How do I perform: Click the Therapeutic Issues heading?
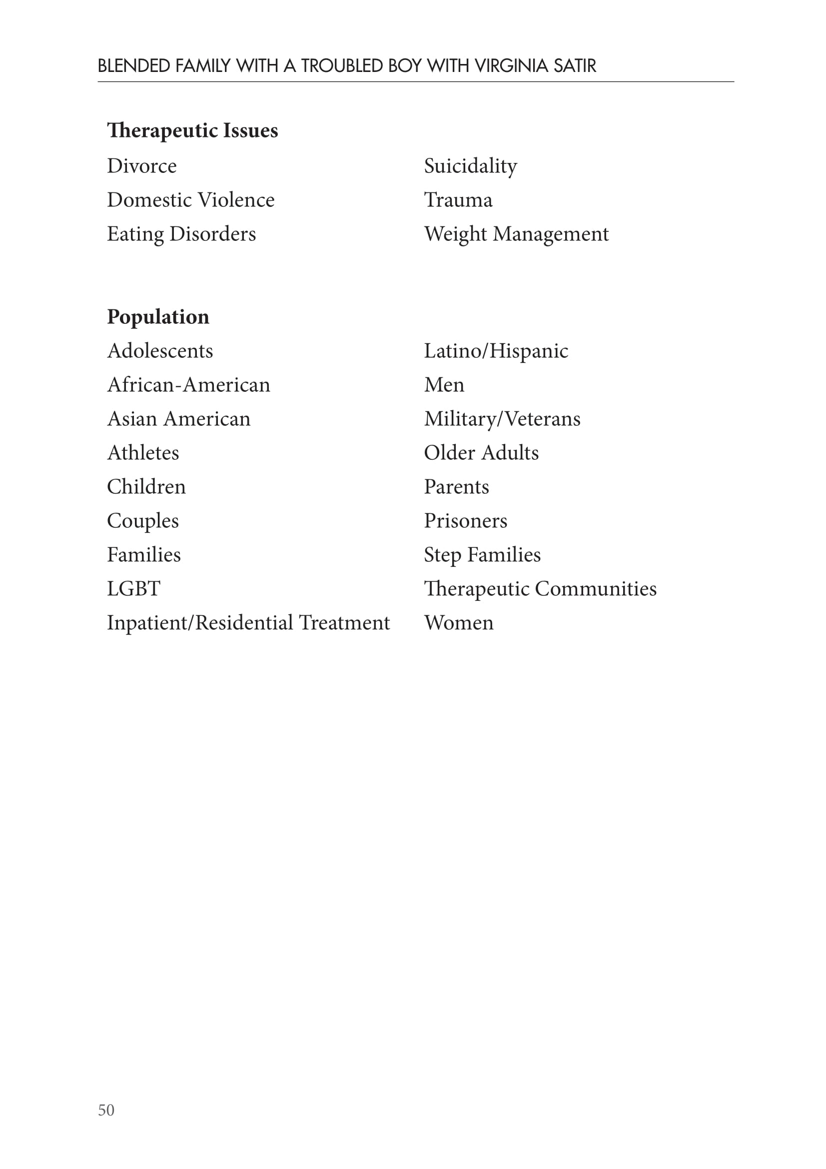tap(192, 131)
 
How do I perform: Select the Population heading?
tap(158, 317)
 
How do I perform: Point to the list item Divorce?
tap(141, 166)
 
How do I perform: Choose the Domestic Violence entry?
tap(190, 200)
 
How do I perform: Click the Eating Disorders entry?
tap(181, 234)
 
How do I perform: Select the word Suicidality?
tap(470, 166)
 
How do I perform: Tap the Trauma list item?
tap(458, 200)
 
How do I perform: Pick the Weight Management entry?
tap(516, 234)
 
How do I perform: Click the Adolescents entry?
tap(160, 351)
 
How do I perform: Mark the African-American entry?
tap(188, 385)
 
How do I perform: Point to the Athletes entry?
tap(143, 453)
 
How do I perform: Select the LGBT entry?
tap(133, 589)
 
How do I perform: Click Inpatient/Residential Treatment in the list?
tap(248, 623)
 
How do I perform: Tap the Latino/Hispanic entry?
tap(496, 351)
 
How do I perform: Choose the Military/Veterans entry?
tap(502, 419)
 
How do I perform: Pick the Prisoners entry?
tap(465, 521)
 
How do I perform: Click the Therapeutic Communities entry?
tap(540, 589)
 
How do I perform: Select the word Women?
tap(459, 623)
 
